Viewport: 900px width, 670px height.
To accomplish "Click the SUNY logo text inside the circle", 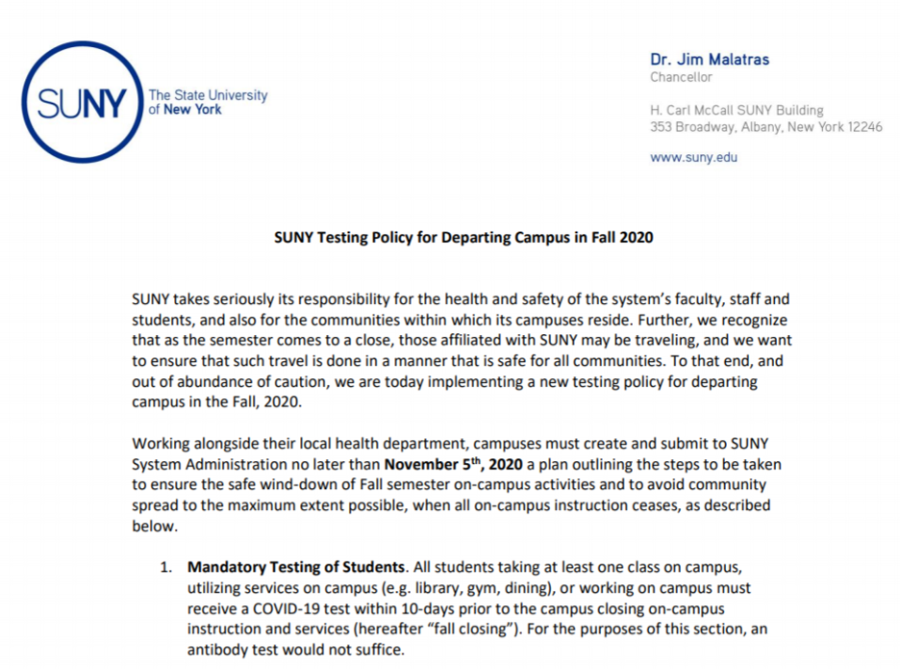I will pyautogui.click(x=81, y=103).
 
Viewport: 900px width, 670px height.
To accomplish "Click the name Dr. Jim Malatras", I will pyautogui.click(x=710, y=60).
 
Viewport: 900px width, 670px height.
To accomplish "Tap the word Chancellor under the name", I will pyautogui.click(x=681, y=77).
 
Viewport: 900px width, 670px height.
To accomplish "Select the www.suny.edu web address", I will pyautogui.click(x=693, y=157).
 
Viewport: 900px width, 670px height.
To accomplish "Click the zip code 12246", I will pyautogui.click(x=864, y=127).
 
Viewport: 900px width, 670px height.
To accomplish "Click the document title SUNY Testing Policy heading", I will pyautogui.click(x=463, y=237).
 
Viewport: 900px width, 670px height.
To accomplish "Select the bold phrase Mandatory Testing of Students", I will pyautogui.click(x=295, y=567).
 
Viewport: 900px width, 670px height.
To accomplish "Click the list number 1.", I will pyautogui.click(x=164, y=567).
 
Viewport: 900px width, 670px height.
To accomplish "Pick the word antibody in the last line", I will pyautogui.click(x=225, y=650).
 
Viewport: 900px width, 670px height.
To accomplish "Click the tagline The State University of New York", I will pyautogui.click(x=207, y=103).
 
